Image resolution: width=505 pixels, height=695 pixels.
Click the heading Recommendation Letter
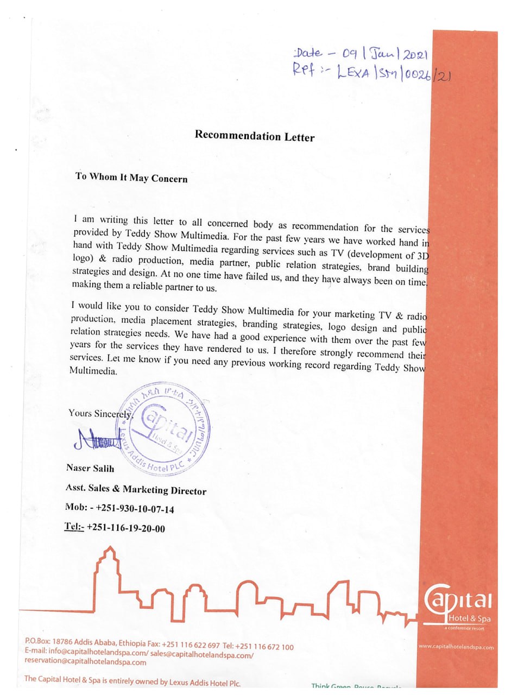coord(254,136)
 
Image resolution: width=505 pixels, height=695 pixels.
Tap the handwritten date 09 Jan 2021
coord(386,54)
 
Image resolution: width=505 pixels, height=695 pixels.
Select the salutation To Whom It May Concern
coord(131,178)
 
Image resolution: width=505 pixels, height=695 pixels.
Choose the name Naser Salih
coord(90,468)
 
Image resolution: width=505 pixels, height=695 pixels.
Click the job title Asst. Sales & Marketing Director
coord(136,489)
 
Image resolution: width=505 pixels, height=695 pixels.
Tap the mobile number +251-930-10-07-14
coord(135,509)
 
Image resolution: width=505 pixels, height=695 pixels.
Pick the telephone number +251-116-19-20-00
coord(125,528)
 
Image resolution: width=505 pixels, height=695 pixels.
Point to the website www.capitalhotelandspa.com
coord(456,647)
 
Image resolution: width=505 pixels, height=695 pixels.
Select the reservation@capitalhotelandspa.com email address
coord(85,662)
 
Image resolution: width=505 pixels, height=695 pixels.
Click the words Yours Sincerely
coord(100,413)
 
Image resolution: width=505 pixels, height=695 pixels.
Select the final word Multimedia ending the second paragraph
coord(93,372)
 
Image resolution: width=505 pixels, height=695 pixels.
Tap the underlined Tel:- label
coord(74,526)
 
